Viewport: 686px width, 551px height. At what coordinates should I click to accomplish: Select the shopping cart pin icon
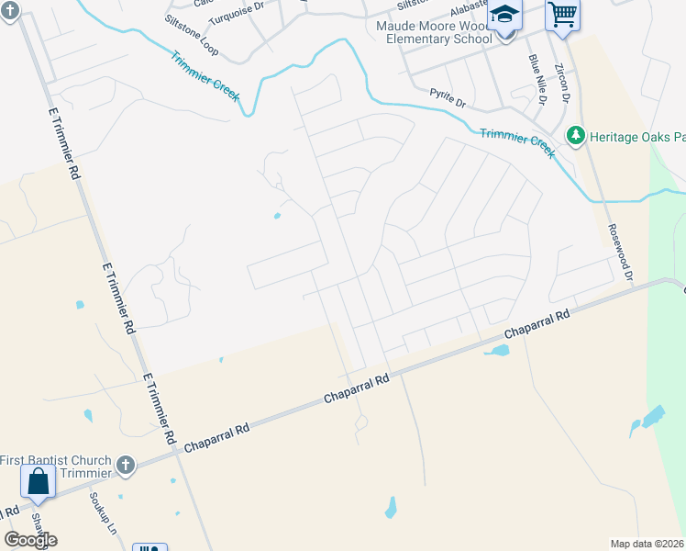pyautogui.click(x=561, y=15)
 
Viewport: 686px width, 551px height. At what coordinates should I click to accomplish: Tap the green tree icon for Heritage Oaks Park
pyautogui.click(x=576, y=136)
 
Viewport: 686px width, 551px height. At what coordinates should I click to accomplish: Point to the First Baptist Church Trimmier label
pyautogui.click(x=56, y=466)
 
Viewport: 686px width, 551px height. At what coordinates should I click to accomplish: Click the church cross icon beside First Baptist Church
pyautogui.click(x=126, y=466)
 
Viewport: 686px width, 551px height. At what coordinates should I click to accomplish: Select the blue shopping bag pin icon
pyautogui.click(x=39, y=481)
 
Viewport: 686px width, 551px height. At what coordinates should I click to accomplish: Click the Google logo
pyautogui.click(x=30, y=539)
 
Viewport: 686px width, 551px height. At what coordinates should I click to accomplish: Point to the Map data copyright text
pyautogui.click(x=647, y=544)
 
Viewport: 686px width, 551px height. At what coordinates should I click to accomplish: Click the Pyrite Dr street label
pyautogui.click(x=448, y=94)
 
